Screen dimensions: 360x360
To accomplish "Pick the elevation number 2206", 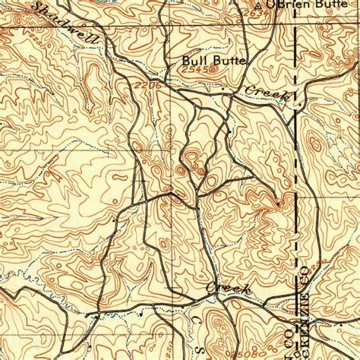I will click(x=150, y=88).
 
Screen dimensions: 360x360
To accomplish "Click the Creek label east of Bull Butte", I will click(x=264, y=94).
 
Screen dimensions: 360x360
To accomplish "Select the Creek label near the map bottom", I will click(x=222, y=289).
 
